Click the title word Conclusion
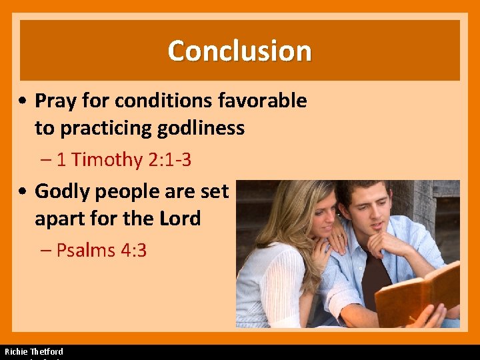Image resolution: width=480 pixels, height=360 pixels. point(239,51)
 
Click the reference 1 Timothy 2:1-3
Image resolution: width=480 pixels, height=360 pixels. point(124,160)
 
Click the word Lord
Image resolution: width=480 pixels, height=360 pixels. point(179,218)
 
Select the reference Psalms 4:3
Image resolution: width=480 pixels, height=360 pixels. point(101,251)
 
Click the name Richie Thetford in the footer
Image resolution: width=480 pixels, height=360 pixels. point(34,351)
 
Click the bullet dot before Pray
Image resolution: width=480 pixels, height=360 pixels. point(23,101)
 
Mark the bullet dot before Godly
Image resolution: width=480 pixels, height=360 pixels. point(23,192)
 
